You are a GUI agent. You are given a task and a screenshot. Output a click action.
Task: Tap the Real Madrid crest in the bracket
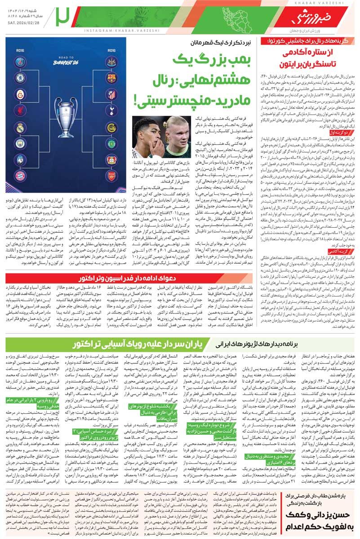pyautogui.click(x=20, y=128)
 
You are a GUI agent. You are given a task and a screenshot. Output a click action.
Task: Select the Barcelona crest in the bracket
pyautogui.click(x=111, y=78)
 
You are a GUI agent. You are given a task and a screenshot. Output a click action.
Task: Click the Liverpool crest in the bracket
pyautogui.click(x=20, y=110)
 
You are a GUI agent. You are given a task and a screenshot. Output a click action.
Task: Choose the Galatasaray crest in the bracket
pyautogui.click(x=20, y=94)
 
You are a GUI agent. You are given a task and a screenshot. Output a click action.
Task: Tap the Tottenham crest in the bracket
pyautogui.click(x=111, y=110)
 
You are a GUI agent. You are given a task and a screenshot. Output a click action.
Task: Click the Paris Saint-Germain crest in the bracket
pyautogui.click(x=20, y=62)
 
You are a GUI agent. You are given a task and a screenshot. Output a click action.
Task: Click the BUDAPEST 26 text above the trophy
pyautogui.click(x=66, y=62)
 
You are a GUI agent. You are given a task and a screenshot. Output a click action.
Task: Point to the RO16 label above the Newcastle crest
pyautogui.click(x=111, y=51)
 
